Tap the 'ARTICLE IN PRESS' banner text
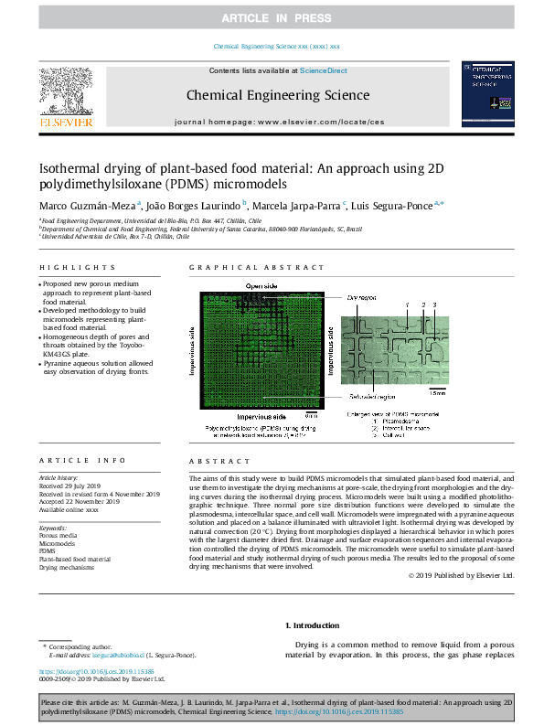(272, 17)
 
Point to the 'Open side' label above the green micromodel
(260, 286)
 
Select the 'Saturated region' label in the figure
(369, 396)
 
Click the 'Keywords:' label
(53, 528)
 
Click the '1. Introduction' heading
(314, 625)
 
